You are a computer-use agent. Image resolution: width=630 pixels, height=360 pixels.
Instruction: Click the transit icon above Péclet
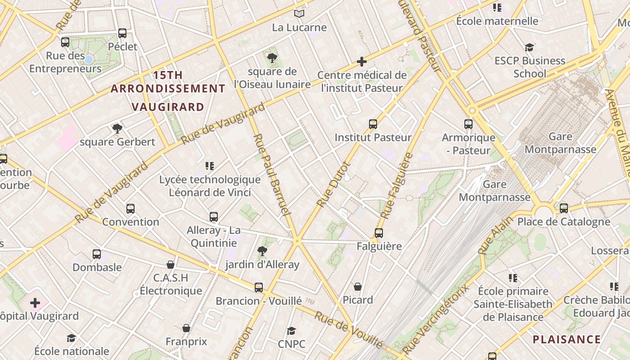(x=122, y=33)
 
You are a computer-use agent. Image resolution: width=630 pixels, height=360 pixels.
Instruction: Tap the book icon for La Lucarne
(x=299, y=14)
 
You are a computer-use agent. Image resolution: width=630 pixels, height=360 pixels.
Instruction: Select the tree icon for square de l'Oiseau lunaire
(x=272, y=58)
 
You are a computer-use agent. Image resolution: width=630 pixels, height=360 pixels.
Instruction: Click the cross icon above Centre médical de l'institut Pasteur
(x=362, y=62)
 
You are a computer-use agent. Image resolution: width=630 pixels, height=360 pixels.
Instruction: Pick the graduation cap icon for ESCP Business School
(x=530, y=47)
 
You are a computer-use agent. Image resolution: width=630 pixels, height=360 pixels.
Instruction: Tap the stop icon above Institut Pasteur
(x=373, y=124)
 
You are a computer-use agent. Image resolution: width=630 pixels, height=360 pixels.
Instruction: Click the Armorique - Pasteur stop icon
(x=468, y=124)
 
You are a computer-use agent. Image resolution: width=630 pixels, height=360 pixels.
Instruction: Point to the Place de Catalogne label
(x=563, y=222)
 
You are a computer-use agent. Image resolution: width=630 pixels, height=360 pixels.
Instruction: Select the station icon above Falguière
(x=379, y=233)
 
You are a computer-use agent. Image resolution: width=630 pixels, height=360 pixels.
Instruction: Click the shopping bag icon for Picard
(x=358, y=287)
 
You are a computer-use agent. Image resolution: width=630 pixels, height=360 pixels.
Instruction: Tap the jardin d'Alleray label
(x=262, y=265)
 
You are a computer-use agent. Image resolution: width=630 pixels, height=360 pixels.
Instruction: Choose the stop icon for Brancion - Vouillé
(x=259, y=288)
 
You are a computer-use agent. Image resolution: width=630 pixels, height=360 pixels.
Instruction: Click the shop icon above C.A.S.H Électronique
(x=171, y=265)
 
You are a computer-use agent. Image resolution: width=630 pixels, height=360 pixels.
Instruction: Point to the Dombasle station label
(x=97, y=267)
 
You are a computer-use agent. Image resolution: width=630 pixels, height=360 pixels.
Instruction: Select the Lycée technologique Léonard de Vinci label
(x=210, y=186)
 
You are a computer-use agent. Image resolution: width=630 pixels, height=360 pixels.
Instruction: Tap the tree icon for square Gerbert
(x=117, y=129)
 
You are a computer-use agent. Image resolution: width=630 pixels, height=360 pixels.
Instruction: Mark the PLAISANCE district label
(x=567, y=339)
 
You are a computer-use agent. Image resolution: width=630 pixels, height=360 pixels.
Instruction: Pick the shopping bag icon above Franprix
(x=186, y=328)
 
